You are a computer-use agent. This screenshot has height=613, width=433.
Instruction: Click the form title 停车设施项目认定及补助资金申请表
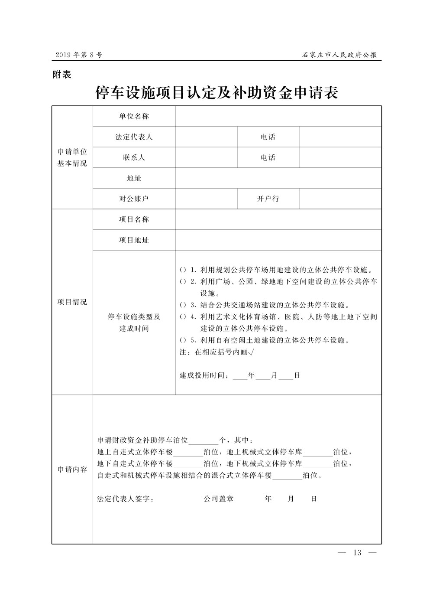tap(216, 93)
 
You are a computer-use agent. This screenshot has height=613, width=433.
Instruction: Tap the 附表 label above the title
tap(61, 75)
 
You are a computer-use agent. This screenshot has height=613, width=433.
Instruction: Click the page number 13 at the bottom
tap(357, 552)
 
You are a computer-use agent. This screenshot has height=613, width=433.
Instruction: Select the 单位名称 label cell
tap(134, 116)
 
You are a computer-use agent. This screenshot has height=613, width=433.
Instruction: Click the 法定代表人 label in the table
tap(134, 137)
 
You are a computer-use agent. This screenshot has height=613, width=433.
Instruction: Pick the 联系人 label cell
tap(134, 158)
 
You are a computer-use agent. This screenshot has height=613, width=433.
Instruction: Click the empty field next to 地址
tap(278, 178)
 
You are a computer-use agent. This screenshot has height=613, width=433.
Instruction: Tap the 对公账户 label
tap(134, 199)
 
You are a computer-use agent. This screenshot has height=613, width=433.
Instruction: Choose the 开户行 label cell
tap(268, 199)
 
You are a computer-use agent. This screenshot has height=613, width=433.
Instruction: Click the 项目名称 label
tap(134, 219)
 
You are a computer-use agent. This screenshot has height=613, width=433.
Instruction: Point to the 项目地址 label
tap(134, 240)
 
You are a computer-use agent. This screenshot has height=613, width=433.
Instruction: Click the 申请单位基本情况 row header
tap(72, 158)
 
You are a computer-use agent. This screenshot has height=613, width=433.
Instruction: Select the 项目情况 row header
tap(72, 302)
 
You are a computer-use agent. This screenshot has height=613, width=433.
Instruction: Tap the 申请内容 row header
tap(72, 470)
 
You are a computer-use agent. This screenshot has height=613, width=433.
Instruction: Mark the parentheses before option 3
tap(183, 305)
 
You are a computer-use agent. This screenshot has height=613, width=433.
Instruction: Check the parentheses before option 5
tap(183, 340)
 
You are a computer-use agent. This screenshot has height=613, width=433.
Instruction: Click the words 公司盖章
tap(219, 499)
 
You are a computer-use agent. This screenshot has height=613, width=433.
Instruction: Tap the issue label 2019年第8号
tap(79, 55)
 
